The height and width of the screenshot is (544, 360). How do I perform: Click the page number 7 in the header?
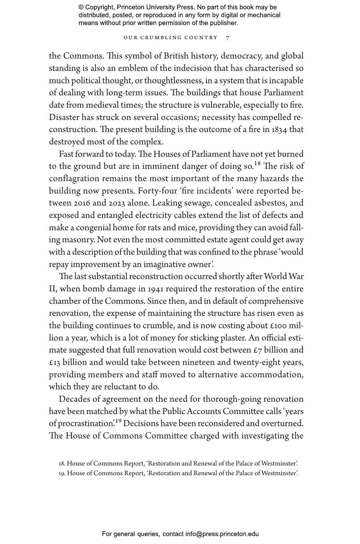228,38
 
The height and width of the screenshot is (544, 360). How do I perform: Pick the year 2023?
118,203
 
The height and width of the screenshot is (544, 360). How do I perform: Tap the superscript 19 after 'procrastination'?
118,421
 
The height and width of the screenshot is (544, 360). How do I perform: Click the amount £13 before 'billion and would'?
55,363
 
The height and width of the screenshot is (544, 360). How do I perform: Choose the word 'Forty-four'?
156,191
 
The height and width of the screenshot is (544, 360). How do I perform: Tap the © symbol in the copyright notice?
81,7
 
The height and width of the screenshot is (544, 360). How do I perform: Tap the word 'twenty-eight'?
256,363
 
